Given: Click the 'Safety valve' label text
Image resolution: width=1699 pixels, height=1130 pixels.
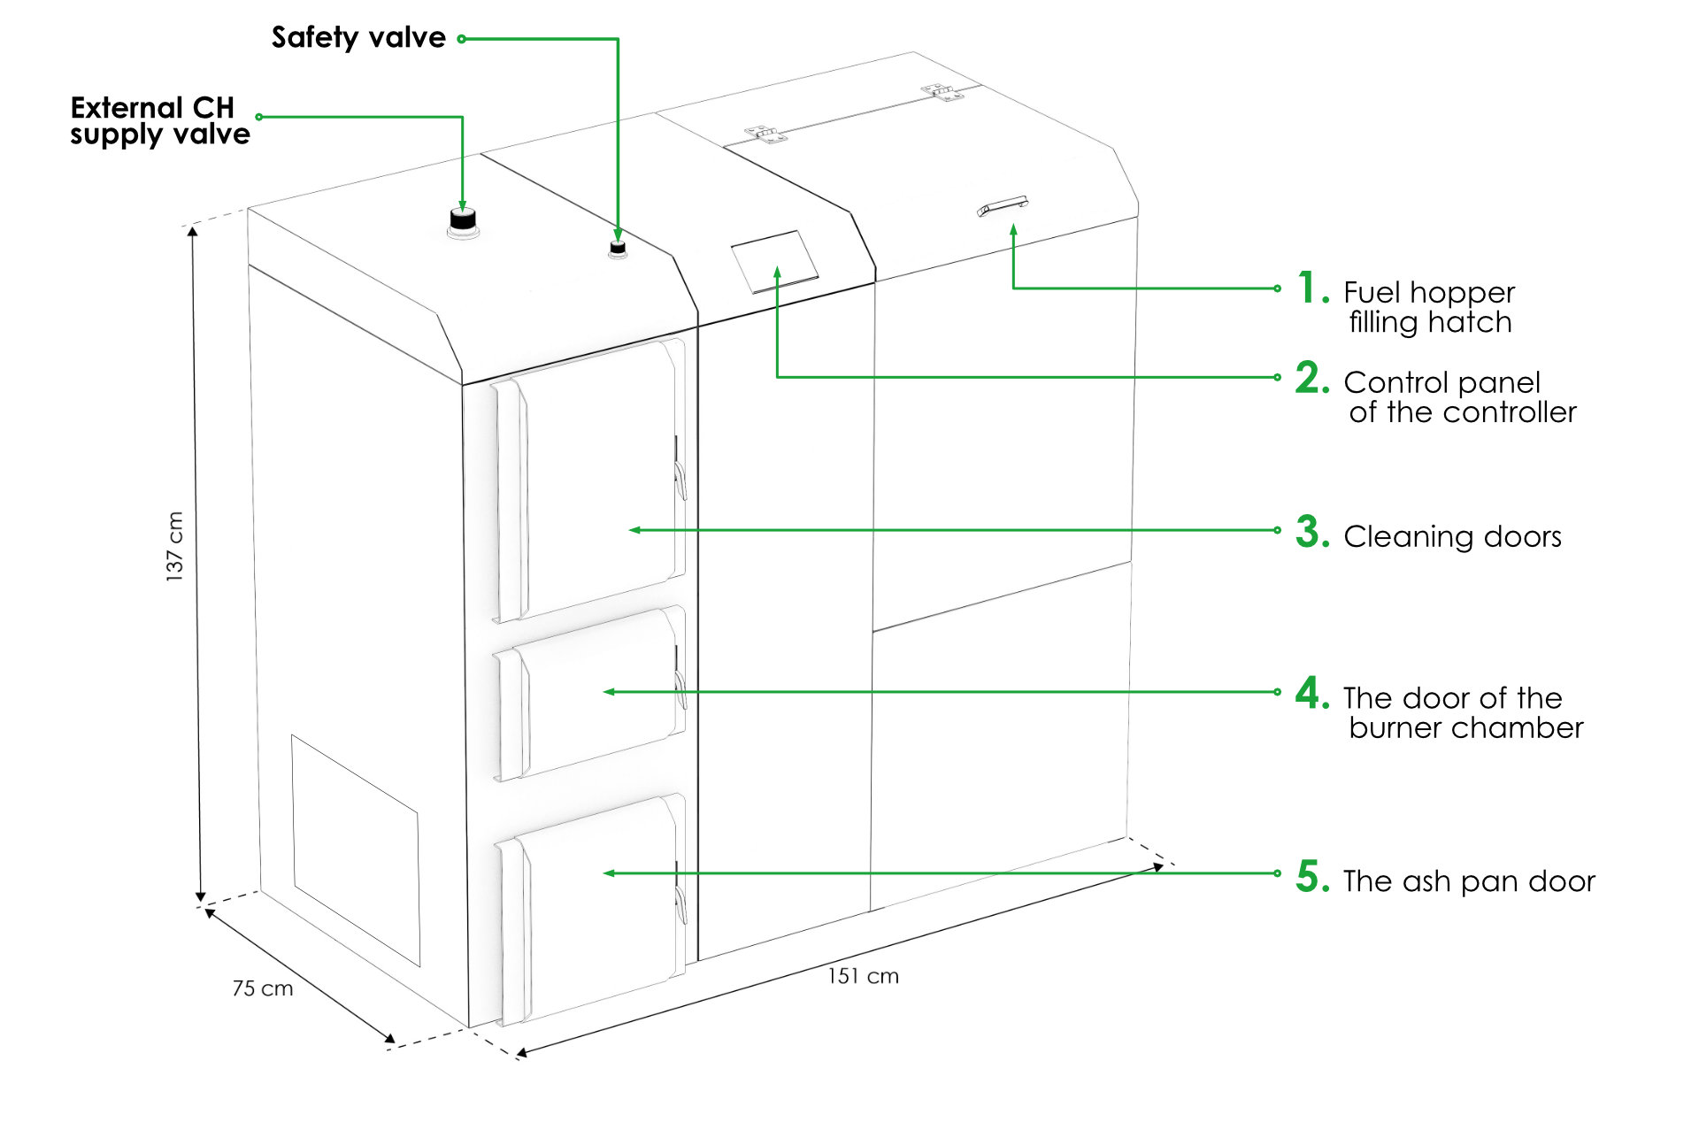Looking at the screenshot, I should [x=358, y=37].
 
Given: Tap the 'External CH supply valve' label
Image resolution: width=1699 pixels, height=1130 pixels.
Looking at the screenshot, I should [x=160, y=121].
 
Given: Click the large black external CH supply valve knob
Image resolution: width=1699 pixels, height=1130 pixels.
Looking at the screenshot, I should [x=463, y=220].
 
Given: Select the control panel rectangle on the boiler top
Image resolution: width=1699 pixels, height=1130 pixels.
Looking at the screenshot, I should [x=774, y=261].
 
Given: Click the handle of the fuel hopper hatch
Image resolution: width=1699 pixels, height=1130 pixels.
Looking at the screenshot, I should [x=1003, y=207].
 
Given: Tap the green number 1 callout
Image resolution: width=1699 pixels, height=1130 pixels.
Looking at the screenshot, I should [x=1312, y=288].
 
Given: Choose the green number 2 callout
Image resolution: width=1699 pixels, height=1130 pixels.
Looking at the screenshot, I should [x=1312, y=378].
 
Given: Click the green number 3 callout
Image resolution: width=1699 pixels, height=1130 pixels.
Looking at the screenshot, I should [x=1312, y=532].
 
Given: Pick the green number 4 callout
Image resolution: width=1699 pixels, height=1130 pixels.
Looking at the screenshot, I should [x=1312, y=693].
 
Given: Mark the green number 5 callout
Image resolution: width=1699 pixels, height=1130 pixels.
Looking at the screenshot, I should [x=1312, y=876].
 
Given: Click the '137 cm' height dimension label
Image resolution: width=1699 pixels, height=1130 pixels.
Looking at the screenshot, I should [x=175, y=546].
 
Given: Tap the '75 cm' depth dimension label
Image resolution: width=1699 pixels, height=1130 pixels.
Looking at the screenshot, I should [x=263, y=988].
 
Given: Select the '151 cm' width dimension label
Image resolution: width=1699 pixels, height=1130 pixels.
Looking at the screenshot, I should [x=863, y=976].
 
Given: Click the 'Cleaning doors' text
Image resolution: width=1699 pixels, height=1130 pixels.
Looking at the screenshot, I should [x=1452, y=536].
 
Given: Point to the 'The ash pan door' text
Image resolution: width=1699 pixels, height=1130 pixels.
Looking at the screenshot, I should [x=1469, y=881].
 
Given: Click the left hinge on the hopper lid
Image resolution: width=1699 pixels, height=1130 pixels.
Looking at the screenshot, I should [x=765, y=135].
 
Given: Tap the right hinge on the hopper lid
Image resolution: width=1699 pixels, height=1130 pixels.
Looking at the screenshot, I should [x=942, y=91].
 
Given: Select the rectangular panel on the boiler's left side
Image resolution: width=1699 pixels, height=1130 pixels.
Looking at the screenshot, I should [x=356, y=849].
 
